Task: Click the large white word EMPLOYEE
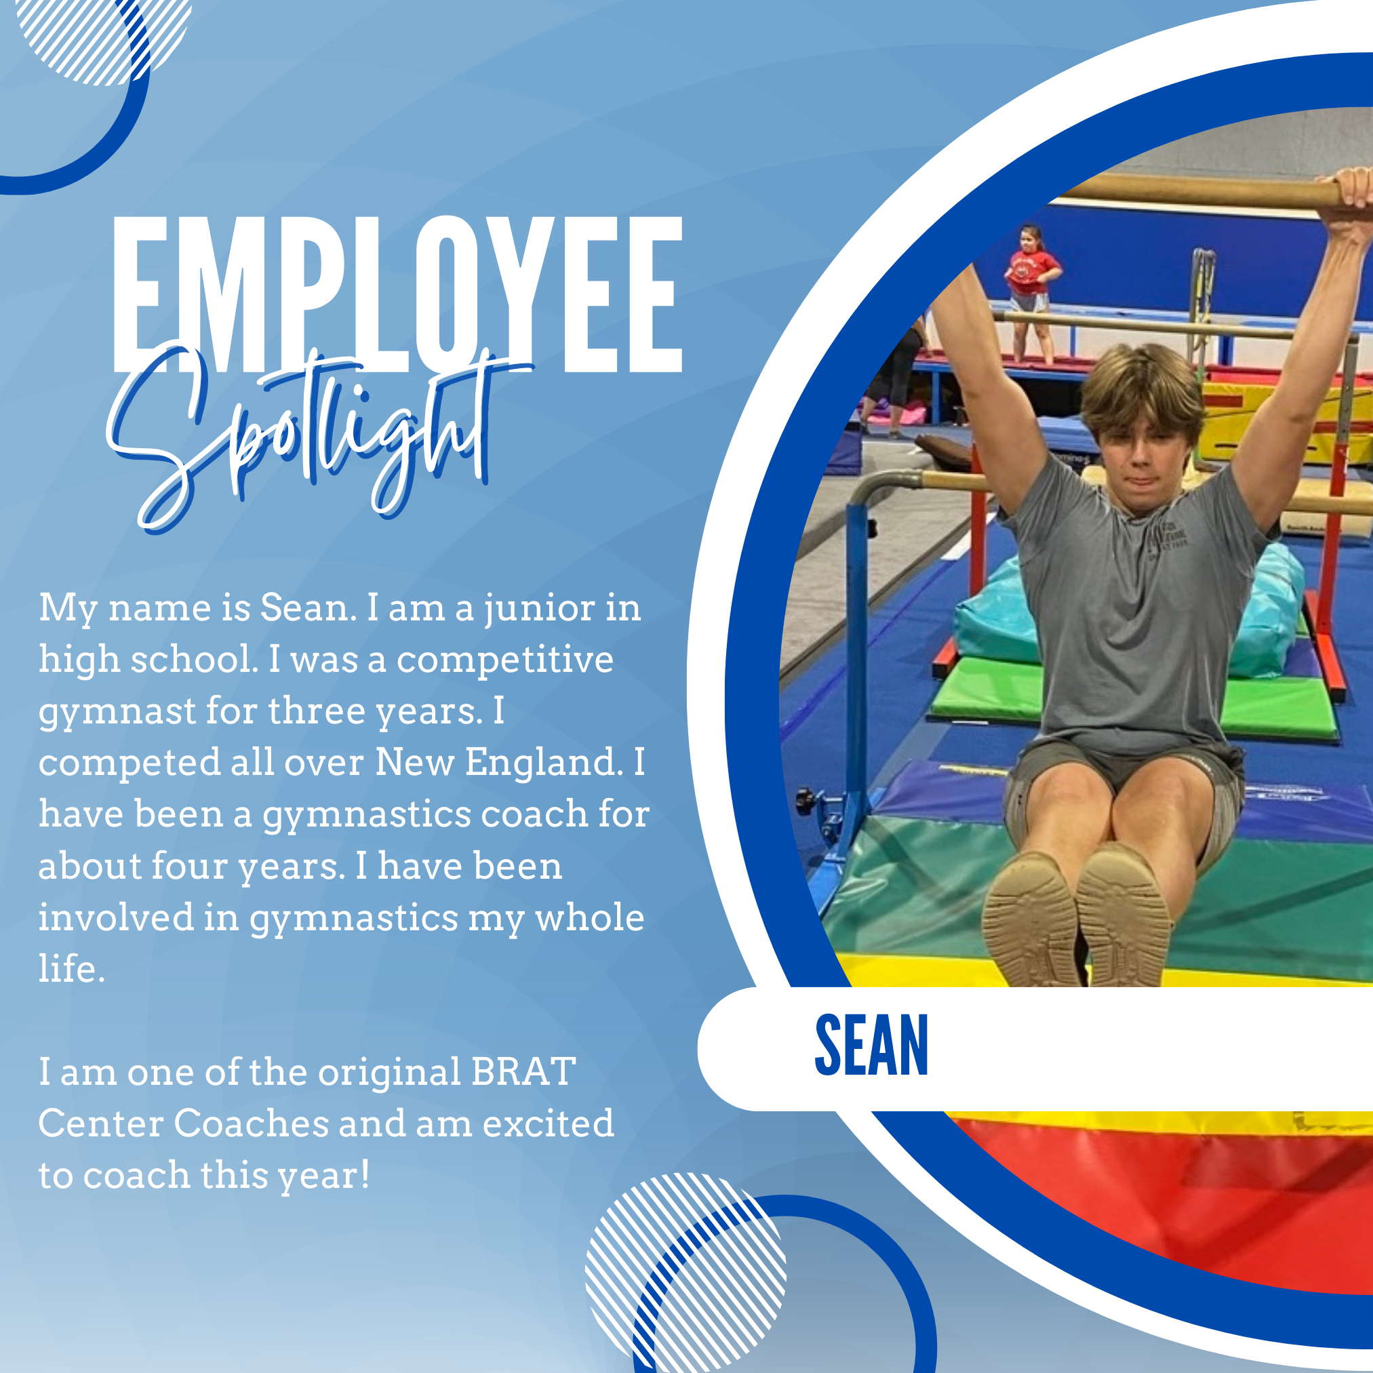[397, 294]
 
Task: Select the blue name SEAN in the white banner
[871, 1045]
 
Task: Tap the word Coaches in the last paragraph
[251, 1123]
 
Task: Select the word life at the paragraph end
[72, 968]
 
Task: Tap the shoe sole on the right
[1123, 917]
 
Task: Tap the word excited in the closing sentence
[548, 1123]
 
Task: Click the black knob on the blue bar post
[804, 801]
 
